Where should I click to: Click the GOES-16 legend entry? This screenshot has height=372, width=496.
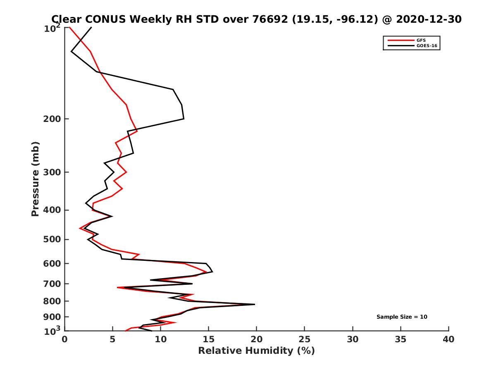pos(425,45)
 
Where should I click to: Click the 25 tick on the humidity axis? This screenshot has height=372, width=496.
pos(305,339)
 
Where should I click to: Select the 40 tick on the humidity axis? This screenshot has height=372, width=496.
pos(448,339)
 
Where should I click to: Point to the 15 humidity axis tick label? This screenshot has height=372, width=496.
pos(208,339)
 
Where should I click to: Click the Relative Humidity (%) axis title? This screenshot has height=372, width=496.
pos(256,351)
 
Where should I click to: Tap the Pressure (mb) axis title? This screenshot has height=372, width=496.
pos(35,179)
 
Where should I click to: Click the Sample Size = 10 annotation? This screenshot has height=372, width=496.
pos(402,317)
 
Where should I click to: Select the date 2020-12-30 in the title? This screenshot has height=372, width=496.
pos(427,19)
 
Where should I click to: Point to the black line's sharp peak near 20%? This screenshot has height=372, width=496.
pos(255,304)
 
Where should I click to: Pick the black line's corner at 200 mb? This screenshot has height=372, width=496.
pos(184,119)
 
